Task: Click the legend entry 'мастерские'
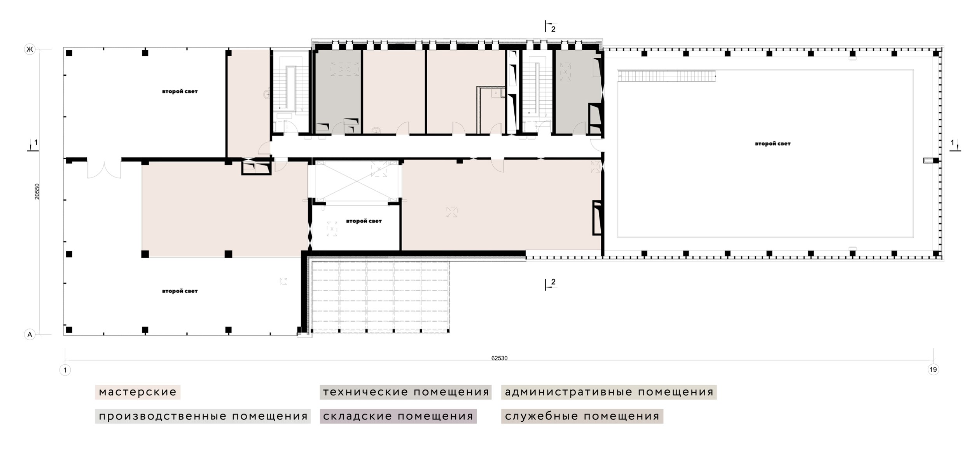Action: [x=138, y=392]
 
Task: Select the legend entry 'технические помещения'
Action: [x=406, y=392]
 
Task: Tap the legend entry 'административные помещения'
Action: [x=609, y=392]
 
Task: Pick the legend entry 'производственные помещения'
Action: [x=203, y=416]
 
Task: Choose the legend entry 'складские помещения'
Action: [x=398, y=416]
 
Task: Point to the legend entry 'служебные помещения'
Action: [x=582, y=416]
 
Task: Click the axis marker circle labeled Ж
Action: [x=30, y=49]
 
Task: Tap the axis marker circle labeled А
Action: [x=30, y=334]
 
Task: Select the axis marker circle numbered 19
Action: [x=933, y=369]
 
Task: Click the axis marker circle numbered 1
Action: [x=65, y=370]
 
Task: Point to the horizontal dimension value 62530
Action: [x=499, y=358]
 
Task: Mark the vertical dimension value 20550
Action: [x=37, y=191]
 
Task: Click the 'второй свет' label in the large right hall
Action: [x=773, y=144]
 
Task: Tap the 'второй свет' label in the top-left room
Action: [x=180, y=92]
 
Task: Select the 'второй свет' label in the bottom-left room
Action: [x=180, y=291]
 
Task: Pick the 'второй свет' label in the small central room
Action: [x=364, y=221]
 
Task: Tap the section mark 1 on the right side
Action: [x=955, y=145]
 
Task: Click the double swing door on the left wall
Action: [x=104, y=169]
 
